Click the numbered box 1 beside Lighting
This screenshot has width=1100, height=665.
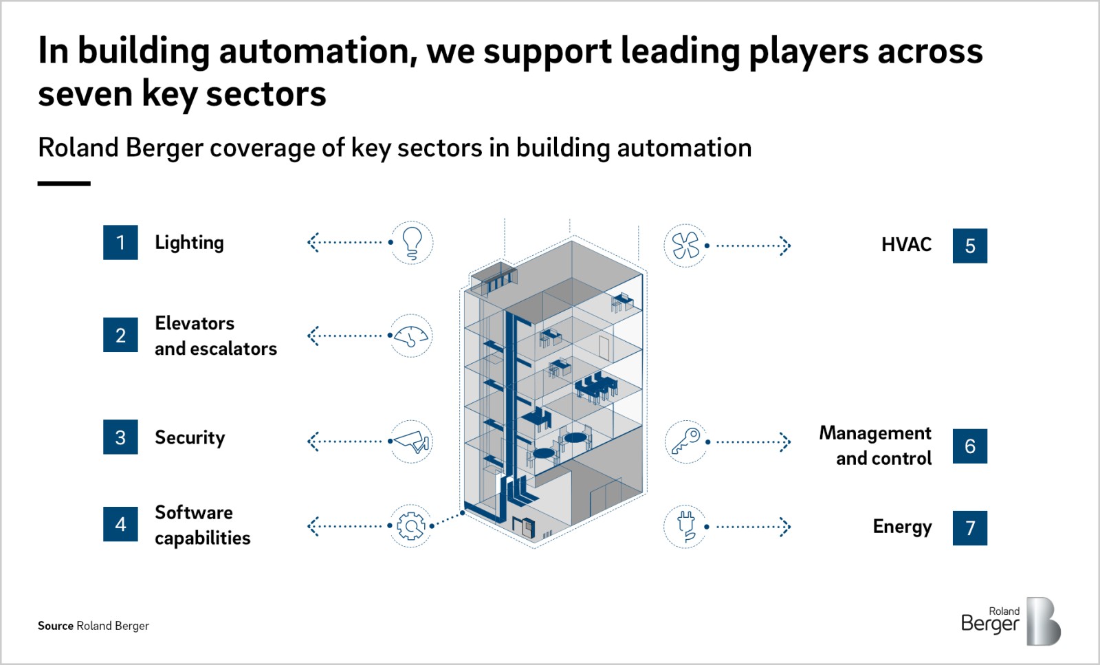[x=120, y=242]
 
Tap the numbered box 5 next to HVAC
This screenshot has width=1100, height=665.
[x=970, y=246]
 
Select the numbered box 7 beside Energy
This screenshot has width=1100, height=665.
[x=970, y=528]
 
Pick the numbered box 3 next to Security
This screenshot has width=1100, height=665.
[x=120, y=437]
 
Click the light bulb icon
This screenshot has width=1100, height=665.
[x=412, y=243]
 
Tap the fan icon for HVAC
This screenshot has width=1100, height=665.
[x=685, y=245]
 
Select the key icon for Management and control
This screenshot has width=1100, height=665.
[x=686, y=441]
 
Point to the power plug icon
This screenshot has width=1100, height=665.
[x=685, y=527]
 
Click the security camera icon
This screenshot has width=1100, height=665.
[x=411, y=441]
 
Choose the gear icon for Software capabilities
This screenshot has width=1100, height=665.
[x=411, y=525]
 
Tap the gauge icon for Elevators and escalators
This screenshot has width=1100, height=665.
[x=411, y=336]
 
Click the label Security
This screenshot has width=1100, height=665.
[x=190, y=437]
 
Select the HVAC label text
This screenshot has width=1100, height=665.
[x=906, y=245]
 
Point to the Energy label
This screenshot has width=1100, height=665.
[x=902, y=527]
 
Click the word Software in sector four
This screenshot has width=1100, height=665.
[x=194, y=512]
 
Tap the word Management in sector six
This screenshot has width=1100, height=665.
[x=875, y=433]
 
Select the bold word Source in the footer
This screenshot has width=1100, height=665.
[x=56, y=626]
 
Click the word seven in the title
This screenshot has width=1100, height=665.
[x=85, y=94]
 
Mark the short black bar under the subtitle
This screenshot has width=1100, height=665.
[x=64, y=183]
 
